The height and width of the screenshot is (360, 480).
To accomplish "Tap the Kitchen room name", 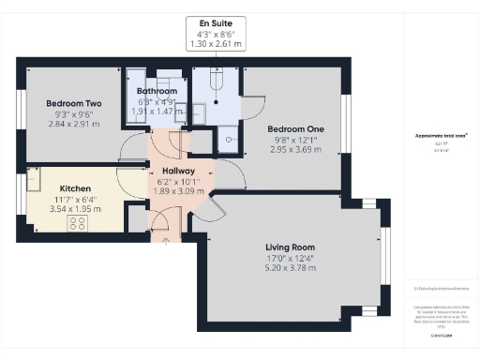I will point(76,187).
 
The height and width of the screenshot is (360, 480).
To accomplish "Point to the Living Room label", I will point(292,247).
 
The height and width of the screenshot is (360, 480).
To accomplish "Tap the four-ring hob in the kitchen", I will point(77,223).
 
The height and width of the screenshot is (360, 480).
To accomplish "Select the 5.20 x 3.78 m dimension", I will point(292,268).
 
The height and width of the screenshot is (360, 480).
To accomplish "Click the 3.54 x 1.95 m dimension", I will point(76,208).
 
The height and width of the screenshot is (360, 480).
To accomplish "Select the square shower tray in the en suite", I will point(228,140).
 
